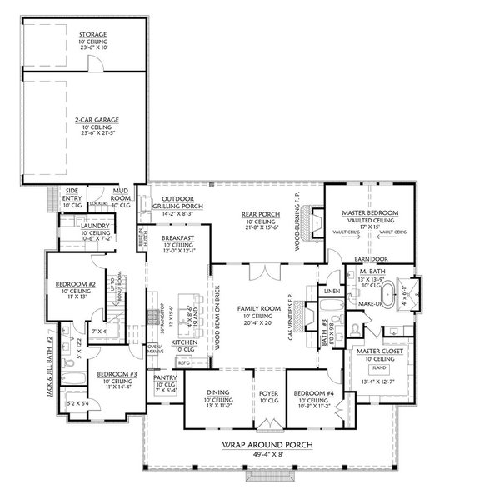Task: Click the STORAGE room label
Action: click(81, 35)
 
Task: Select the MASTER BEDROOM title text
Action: click(369, 214)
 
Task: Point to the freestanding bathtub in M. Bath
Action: click(389, 295)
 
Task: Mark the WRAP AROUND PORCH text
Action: click(267, 444)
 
